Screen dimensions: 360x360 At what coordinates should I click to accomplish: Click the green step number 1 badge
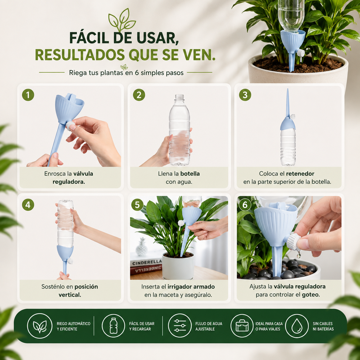coord(28,95)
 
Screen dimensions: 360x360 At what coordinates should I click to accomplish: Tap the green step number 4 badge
coord(28,205)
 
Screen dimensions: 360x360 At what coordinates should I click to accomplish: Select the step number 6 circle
coord(245,204)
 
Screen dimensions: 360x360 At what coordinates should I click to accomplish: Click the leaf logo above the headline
coord(122,20)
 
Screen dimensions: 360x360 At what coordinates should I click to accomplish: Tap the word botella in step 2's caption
coord(190,174)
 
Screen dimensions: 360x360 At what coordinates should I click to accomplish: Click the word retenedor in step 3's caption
coord(300,174)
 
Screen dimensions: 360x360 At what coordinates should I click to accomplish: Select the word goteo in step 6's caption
coord(311,294)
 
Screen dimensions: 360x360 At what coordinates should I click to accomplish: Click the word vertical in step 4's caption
coord(70,294)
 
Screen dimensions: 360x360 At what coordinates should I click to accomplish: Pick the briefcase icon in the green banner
coord(242,326)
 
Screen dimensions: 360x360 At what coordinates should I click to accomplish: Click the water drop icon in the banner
coord(297,326)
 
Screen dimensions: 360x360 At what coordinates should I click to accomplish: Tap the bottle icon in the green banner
coord(113,325)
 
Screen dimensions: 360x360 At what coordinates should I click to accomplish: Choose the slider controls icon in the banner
coord(180,325)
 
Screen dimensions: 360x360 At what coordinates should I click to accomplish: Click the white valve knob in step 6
coord(293,242)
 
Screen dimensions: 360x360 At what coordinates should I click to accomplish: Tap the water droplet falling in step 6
coord(299,255)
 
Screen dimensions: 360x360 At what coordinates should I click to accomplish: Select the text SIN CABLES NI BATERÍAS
coord(323,326)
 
